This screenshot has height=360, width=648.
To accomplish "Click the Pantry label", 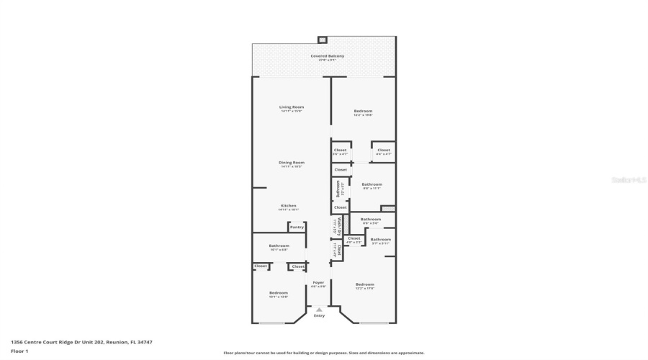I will pyautogui.click(x=297, y=227).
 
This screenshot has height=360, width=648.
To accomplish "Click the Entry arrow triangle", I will pyautogui.click(x=319, y=310).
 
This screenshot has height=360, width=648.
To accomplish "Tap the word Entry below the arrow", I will pyautogui.click(x=319, y=315).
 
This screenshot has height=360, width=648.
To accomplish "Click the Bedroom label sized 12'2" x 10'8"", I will pyautogui.click(x=363, y=112).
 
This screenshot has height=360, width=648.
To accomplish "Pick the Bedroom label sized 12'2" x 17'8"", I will pyautogui.click(x=365, y=285).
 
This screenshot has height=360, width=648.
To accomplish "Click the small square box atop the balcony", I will pyautogui.click(x=322, y=40).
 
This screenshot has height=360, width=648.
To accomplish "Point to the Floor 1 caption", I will pyautogui.click(x=19, y=351).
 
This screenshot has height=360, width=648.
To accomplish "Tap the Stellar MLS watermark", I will pyautogui.click(x=629, y=180).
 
